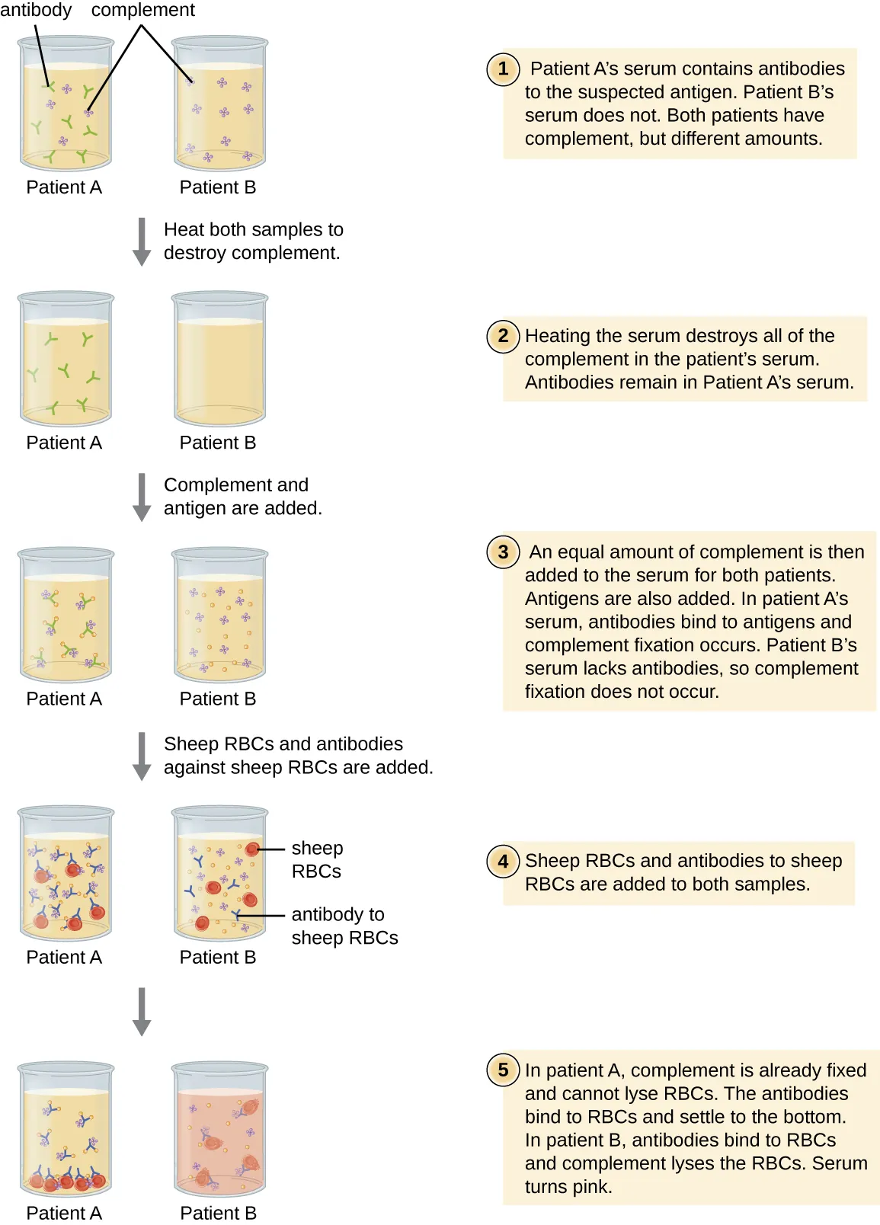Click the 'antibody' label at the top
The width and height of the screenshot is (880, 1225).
click(x=36, y=11)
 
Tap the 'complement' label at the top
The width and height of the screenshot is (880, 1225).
click(x=143, y=11)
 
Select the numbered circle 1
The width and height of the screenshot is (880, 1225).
click(x=503, y=69)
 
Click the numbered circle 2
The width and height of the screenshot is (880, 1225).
click(x=503, y=336)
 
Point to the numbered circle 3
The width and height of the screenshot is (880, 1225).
click(x=503, y=552)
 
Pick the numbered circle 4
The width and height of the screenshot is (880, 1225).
click(x=503, y=862)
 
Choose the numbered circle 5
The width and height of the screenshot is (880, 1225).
click(x=503, y=1070)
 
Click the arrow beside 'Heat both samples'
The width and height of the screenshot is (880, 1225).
click(x=142, y=241)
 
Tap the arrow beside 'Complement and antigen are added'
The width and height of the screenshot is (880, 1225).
click(x=142, y=497)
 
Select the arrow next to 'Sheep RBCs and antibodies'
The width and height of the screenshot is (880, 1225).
click(x=142, y=756)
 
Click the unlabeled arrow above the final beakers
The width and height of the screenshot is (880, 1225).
click(x=142, y=1011)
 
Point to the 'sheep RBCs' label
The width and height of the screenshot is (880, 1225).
click(x=317, y=859)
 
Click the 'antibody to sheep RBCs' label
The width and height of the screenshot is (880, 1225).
click(x=344, y=926)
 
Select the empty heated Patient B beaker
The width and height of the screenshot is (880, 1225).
click(x=219, y=360)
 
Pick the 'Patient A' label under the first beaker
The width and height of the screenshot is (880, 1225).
click(x=64, y=187)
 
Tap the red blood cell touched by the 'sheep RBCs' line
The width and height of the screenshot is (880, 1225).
click(x=252, y=849)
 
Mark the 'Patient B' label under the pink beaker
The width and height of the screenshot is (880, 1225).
click(x=218, y=1213)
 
